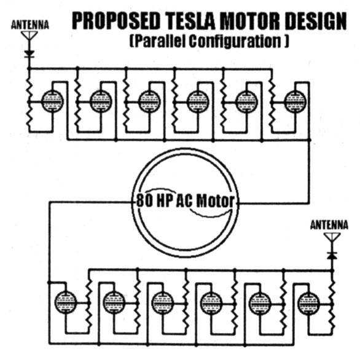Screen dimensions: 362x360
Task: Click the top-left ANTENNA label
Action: [x=30, y=26]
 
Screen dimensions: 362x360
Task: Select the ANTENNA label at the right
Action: [x=329, y=226]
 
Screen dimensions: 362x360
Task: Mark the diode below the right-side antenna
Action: [x=332, y=253]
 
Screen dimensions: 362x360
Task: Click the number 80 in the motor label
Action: [x=140, y=201]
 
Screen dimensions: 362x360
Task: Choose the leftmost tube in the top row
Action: [x=52, y=101]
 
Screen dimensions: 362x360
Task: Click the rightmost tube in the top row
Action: [x=295, y=101]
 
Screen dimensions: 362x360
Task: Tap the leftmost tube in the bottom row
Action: [x=65, y=302]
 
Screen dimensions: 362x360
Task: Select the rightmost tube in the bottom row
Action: [x=308, y=302]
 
